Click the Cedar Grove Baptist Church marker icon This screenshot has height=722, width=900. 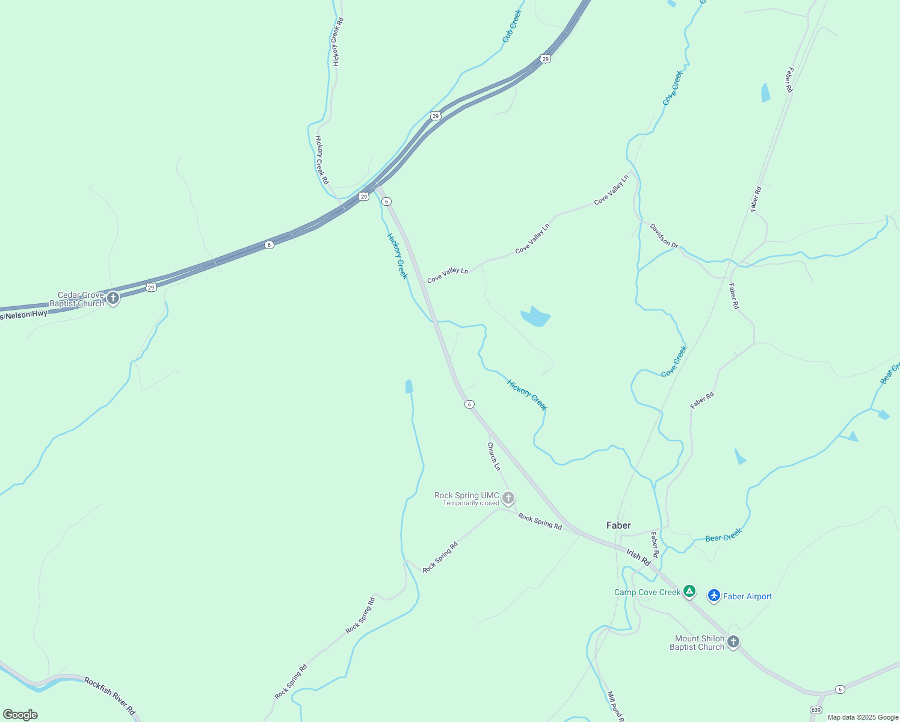pyautogui.click(x=112, y=298)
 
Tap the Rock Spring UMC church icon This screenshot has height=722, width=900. pyautogui.click(x=508, y=498)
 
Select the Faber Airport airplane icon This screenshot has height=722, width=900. pyautogui.click(x=714, y=596)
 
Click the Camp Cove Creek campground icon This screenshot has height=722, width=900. pyautogui.click(x=689, y=592)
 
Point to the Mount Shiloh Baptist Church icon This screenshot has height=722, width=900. pyautogui.click(x=733, y=642)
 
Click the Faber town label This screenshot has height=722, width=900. pyautogui.click(x=618, y=525)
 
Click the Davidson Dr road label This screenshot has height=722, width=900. pyautogui.click(x=664, y=236)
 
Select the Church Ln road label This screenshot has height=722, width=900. pyautogui.click(x=493, y=456)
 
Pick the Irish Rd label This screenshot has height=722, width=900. pyautogui.click(x=638, y=557)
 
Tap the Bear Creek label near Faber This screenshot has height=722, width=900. pyautogui.click(x=724, y=535)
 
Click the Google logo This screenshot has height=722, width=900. pyautogui.click(x=20, y=715)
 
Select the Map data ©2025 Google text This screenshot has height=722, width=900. pyautogui.click(x=863, y=717)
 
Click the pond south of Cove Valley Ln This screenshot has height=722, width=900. pyautogui.click(x=535, y=316)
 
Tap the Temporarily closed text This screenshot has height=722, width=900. pyautogui.click(x=471, y=503)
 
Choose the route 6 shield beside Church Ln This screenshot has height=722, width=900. pyautogui.click(x=469, y=404)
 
